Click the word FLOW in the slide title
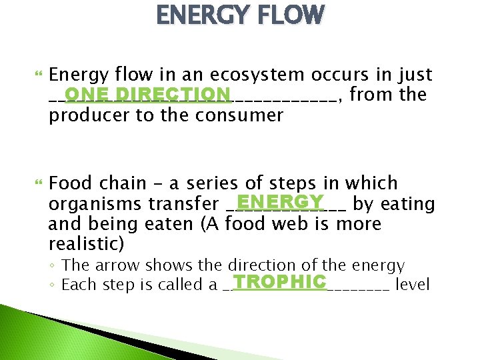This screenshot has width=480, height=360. pyautogui.click(x=285, y=15)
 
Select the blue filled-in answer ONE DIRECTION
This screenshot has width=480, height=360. pyautogui.click(x=147, y=94)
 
